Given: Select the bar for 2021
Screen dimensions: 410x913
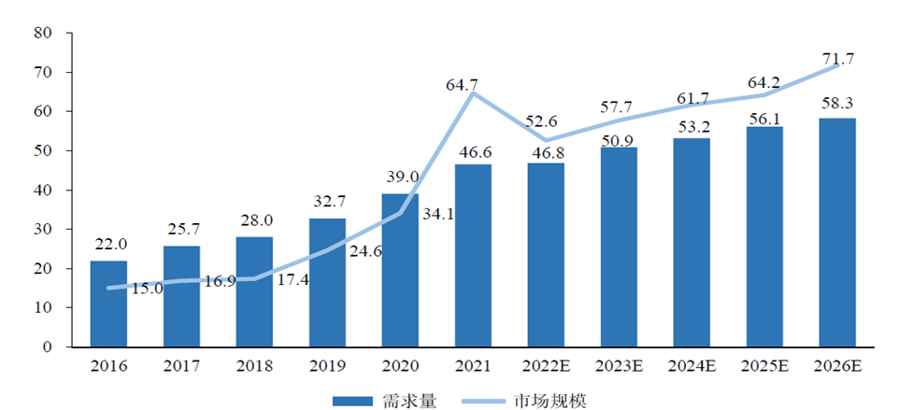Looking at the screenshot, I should tap(473, 255).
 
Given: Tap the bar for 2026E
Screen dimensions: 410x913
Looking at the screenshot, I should tap(837, 233).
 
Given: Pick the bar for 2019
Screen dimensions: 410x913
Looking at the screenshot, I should tap(327, 282).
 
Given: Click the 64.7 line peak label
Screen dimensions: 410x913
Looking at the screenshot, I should tap(462, 85).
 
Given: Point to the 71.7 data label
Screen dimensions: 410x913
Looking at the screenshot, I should tap(837, 59).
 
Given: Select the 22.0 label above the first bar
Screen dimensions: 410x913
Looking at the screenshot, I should tap(108, 244).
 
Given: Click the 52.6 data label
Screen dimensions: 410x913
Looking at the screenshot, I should tap(544, 120).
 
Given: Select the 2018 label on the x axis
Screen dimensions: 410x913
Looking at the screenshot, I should tap(254, 365).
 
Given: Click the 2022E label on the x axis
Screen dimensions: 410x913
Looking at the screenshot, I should tap(546, 365).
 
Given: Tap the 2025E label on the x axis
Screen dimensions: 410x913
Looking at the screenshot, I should tap(764, 365).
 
